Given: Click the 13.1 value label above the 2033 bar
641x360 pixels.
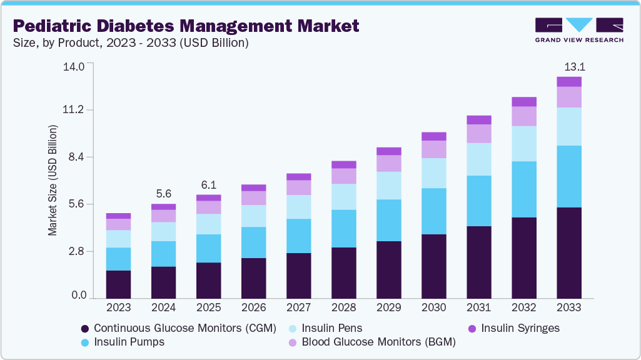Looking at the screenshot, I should click(x=569, y=67).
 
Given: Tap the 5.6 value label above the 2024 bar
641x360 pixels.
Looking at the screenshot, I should click(x=164, y=194).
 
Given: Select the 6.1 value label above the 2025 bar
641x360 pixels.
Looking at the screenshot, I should click(x=209, y=185).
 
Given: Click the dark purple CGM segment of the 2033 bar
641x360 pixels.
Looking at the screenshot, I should click(x=569, y=252).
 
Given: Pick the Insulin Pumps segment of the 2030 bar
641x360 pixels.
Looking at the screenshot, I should click(x=434, y=211).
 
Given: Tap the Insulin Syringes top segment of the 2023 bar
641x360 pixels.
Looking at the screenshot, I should click(x=119, y=216).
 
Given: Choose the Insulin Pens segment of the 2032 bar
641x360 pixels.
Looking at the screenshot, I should click(x=524, y=144).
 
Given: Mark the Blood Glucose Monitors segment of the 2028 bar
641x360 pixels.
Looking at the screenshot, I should click(x=344, y=176).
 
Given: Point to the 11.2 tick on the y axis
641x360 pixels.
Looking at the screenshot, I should click(x=74, y=111).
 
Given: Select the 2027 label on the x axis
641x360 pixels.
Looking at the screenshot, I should click(x=299, y=307).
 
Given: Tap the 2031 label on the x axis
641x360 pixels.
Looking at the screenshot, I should click(x=479, y=307).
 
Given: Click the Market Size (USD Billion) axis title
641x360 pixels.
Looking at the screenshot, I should click(x=53, y=181).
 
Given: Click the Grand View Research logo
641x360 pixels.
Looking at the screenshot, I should click(x=579, y=29).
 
